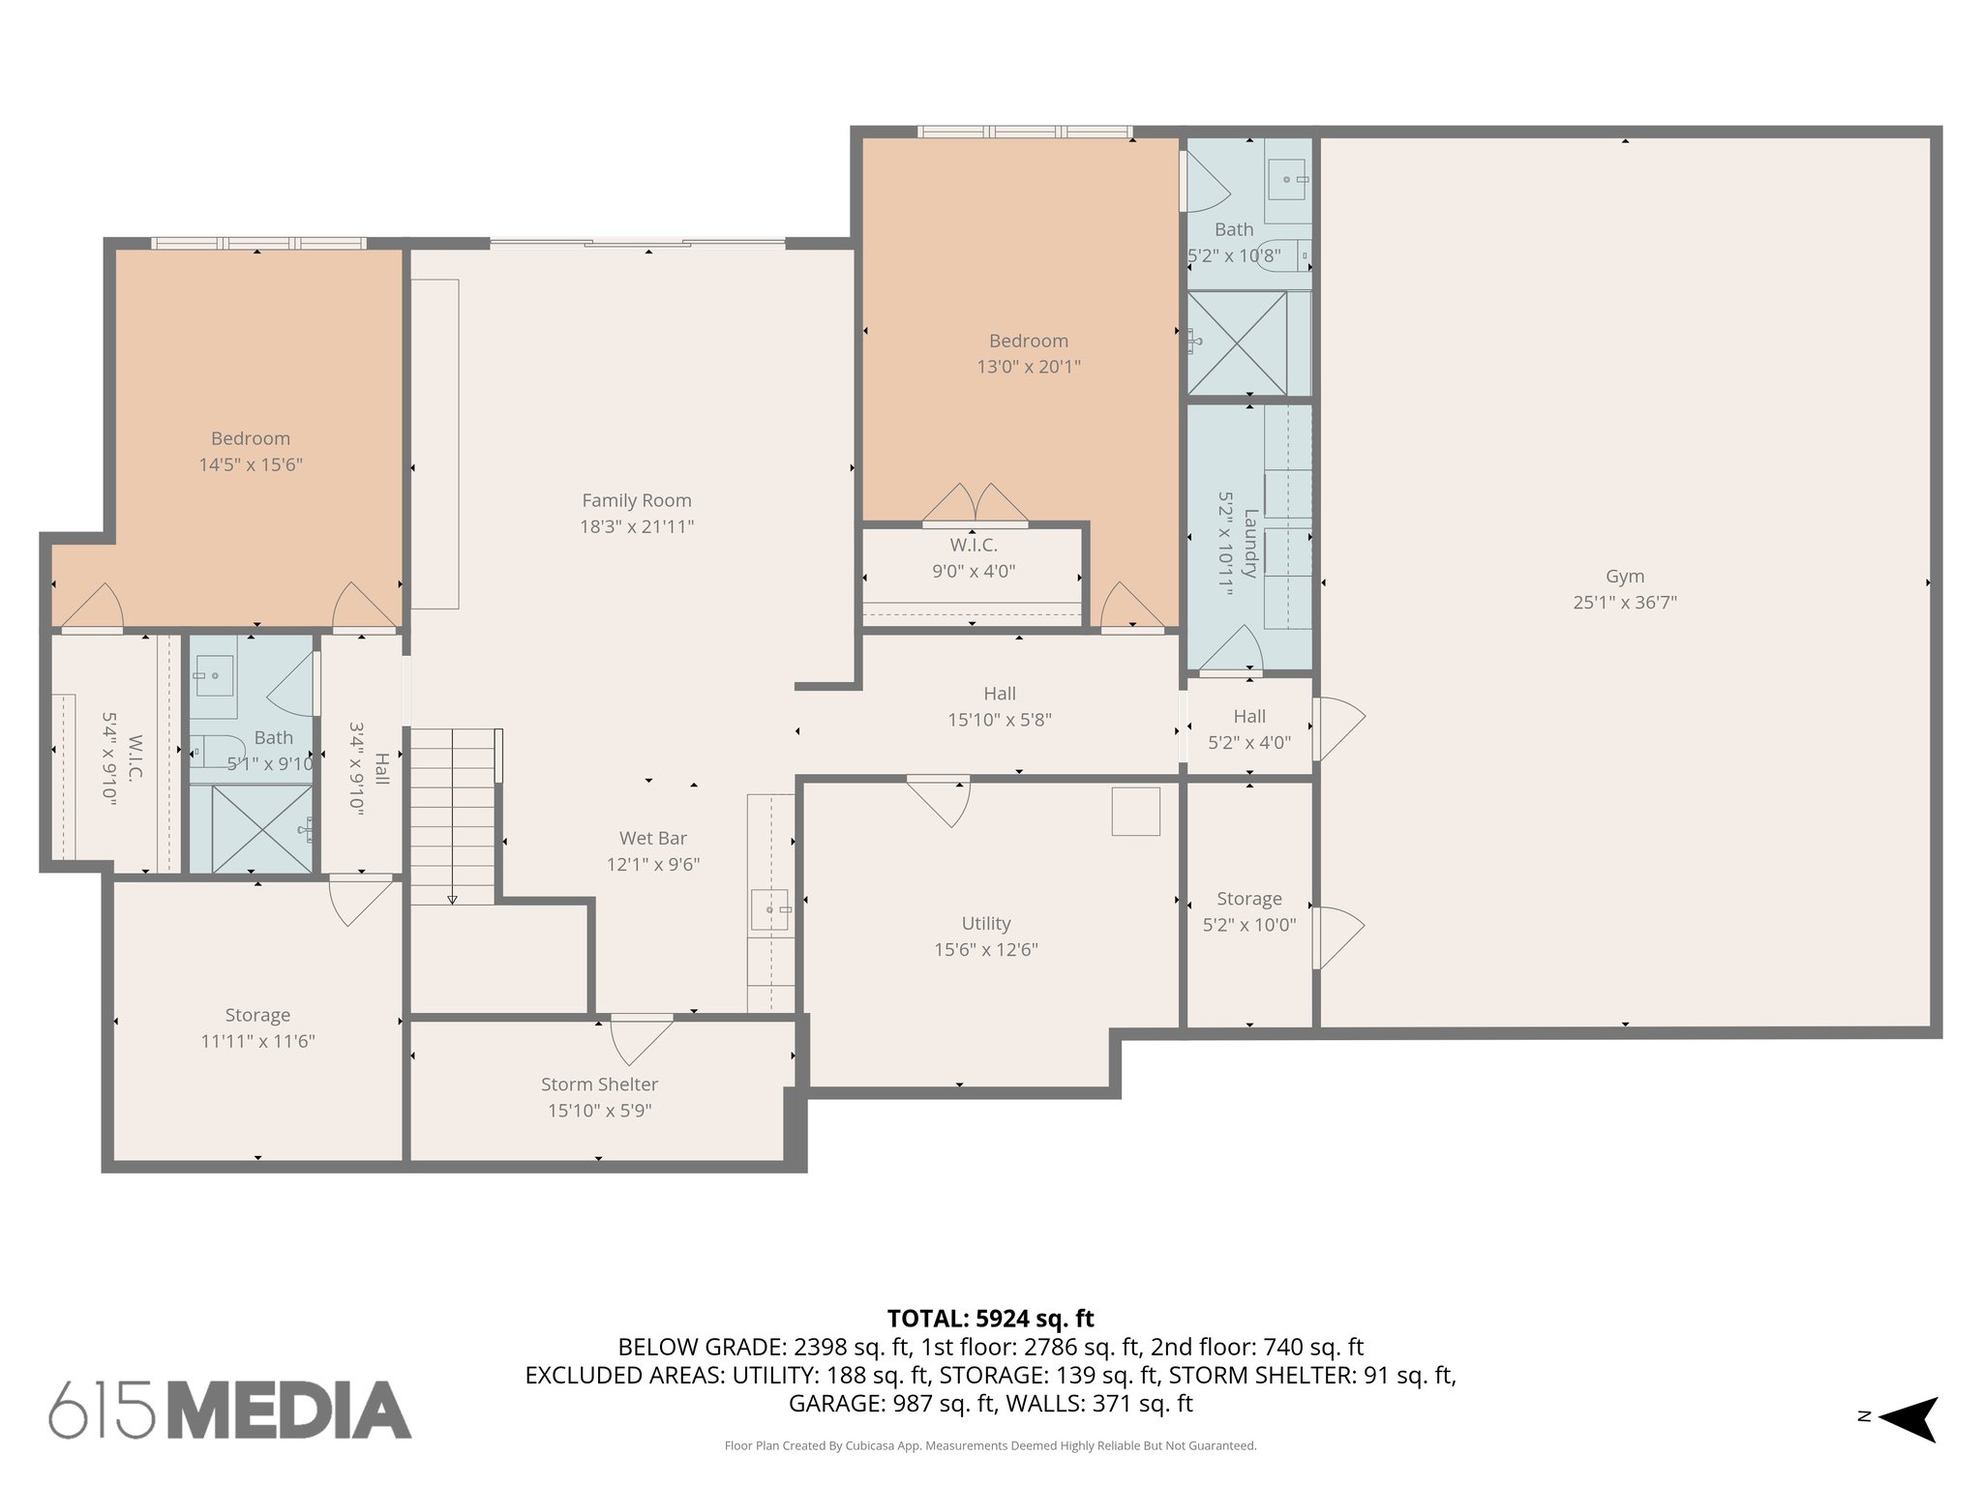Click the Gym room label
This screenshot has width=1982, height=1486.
pyautogui.click(x=1624, y=577)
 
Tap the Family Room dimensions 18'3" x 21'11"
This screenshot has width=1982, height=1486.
pyautogui.click(x=637, y=527)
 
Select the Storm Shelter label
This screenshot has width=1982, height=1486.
pyautogui.click(x=599, y=1085)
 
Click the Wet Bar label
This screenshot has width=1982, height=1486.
pyautogui.click(x=653, y=839)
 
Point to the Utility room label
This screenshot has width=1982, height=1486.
pyautogui.click(x=985, y=924)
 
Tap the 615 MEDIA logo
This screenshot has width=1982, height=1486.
pyautogui.click(x=230, y=1410)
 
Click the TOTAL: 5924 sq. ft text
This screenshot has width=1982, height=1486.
pyautogui.click(x=990, y=1319)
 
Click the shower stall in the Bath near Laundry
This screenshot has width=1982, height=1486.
pyautogui.click(x=1237, y=343)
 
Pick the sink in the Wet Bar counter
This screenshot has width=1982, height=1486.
pyautogui.click(x=769, y=909)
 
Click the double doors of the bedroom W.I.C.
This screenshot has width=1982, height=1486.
pyautogui.click(x=975, y=504)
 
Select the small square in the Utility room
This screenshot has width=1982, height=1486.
pyautogui.click(x=1135, y=811)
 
